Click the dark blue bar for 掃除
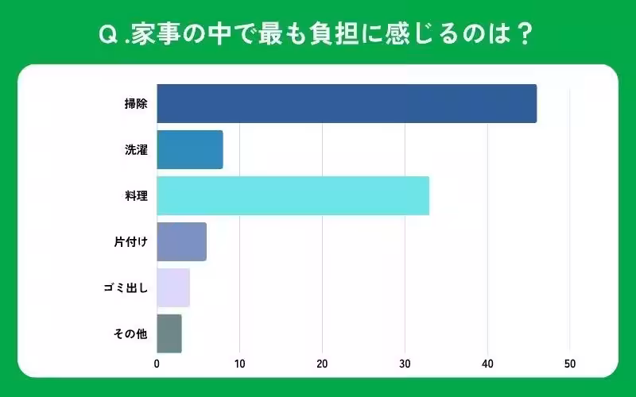[347, 103]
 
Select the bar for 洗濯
[190, 150]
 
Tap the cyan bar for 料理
[293, 196]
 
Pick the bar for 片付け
[182, 242]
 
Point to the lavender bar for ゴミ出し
[173, 288]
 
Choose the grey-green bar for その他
[169, 333]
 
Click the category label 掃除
[136, 104]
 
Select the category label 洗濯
[136, 150]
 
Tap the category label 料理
[136, 196]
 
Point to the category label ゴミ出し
[127, 288]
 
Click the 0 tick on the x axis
[157, 364]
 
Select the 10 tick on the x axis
[239, 364]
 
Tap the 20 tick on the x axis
[322, 364]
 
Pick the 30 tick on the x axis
[405, 364]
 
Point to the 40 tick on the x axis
[487, 364]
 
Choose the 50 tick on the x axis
[570, 364]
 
